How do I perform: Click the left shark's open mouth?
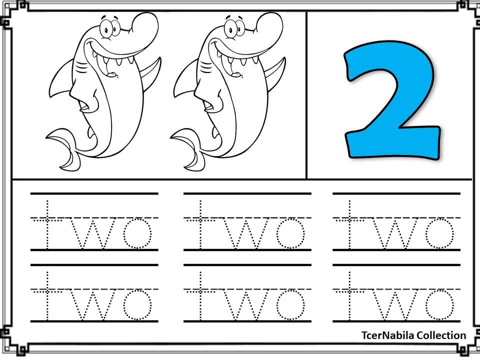(112, 62)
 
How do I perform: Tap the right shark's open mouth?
(236, 62)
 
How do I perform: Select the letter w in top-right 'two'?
(395, 233)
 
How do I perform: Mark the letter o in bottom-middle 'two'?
(290, 305)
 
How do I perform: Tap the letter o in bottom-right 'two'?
(439, 305)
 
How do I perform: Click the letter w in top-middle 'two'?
(246, 233)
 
